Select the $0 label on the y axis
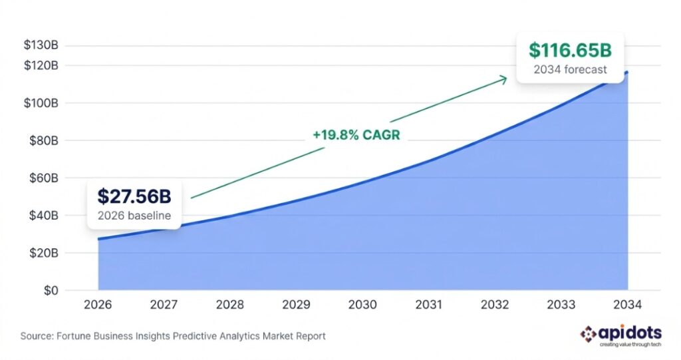click(51, 291)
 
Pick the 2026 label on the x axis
click(98, 305)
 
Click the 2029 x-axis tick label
click(296, 305)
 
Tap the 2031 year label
click(428, 305)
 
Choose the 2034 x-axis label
click(626, 305)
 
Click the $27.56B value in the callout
click(134, 196)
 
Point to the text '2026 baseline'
click(134, 215)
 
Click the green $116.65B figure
click(570, 51)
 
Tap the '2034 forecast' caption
click(570, 69)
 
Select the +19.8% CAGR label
click(356, 135)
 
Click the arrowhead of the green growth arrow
click(505, 79)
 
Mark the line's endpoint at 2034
click(626, 73)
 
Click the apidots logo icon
click(588, 333)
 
